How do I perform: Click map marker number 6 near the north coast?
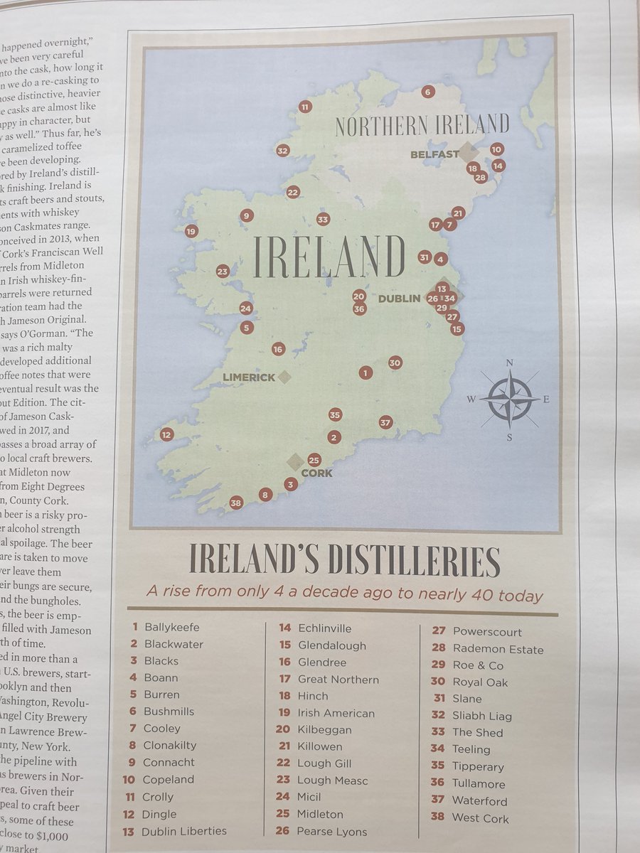click(x=427, y=92)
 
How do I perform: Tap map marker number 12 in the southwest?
click(x=166, y=434)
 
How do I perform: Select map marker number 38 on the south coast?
click(x=236, y=503)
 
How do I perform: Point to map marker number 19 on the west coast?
click(x=191, y=231)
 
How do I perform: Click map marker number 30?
click(x=395, y=363)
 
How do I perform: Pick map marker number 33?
click(x=323, y=220)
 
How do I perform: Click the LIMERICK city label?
click(x=249, y=377)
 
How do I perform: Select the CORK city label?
click(x=316, y=473)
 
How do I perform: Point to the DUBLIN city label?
click(x=399, y=299)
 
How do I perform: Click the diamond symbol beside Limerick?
click(x=284, y=377)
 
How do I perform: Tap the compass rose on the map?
click(x=509, y=399)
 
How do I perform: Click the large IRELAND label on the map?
click(x=329, y=257)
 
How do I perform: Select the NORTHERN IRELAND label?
click(x=422, y=126)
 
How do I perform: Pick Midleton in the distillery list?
click(x=320, y=814)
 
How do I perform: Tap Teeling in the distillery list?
click(x=471, y=749)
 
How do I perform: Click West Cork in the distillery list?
click(x=480, y=818)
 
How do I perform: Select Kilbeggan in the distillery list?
click(x=324, y=729)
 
